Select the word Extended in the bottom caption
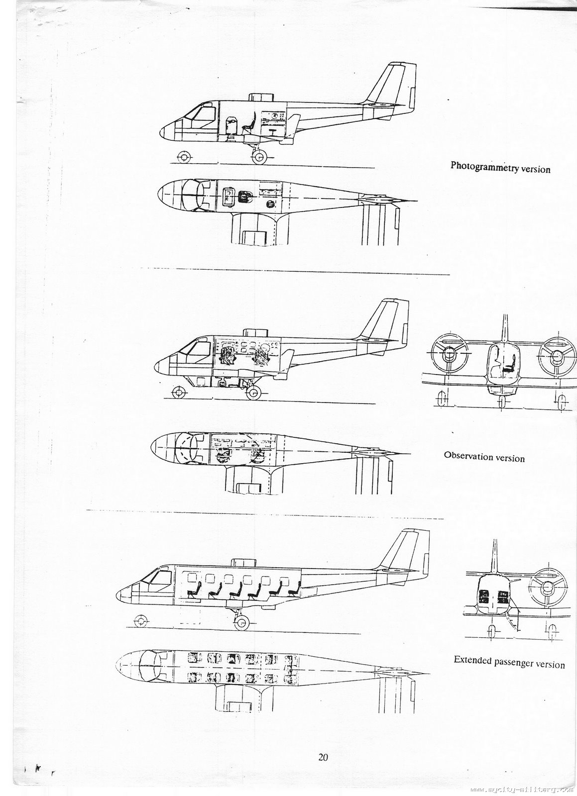tap(471, 661)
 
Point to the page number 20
tap(323, 758)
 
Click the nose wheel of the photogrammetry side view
tap(183, 157)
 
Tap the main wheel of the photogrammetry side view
tap(259, 158)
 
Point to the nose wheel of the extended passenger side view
tap(141, 621)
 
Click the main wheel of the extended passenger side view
tap(242, 621)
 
